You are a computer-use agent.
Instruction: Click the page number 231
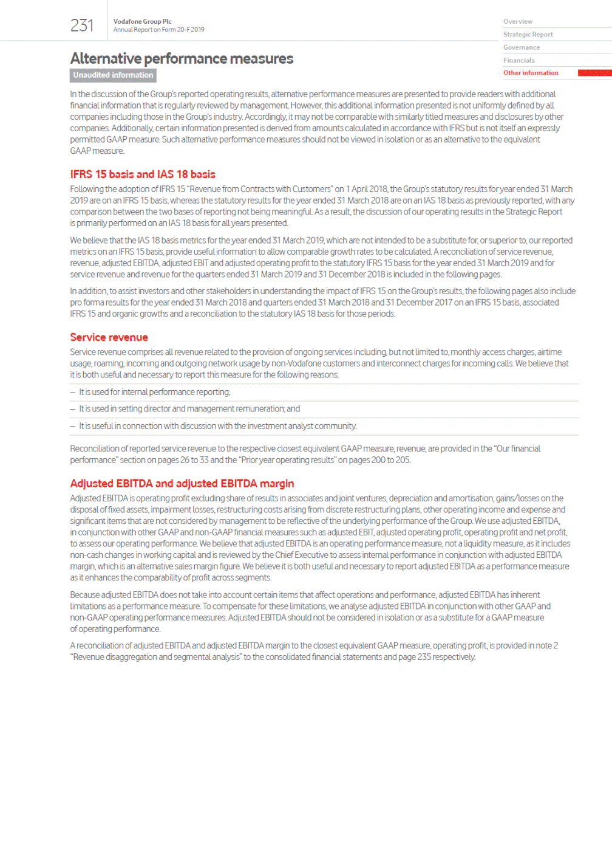click(x=82, y=26)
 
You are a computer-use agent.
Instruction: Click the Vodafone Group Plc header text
click(x=142, y=21)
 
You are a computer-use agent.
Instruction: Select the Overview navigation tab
click(x=517, y=22)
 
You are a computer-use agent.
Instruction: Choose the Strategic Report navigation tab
click(x=528, y=35)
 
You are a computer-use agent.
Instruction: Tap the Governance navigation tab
click(x=521, y=47)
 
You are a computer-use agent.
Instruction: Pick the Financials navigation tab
click(x=518, y=60)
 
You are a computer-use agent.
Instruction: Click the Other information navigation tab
click(x=530, y=73)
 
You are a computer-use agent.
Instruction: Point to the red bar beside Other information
click(x=594, y=73)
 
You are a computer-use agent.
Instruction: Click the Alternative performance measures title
click(x=182, y=58)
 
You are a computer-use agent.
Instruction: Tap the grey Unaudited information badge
click(x=113, y=75)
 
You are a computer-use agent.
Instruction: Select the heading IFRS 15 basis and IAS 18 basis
click(x=143, y=174)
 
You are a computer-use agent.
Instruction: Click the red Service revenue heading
click(x=109, y=337)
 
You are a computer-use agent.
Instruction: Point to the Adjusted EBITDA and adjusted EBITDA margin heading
click(x=182, y=484)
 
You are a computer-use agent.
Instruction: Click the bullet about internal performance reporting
click(x=154, y=393)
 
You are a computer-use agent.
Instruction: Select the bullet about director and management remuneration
click(x=189, y=409)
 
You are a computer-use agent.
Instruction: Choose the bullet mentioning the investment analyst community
click(x=217, y=426)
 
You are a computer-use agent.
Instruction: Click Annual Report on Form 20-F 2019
click(x=158, y=30)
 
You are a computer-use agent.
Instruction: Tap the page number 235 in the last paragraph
click(x=424, y=657)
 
